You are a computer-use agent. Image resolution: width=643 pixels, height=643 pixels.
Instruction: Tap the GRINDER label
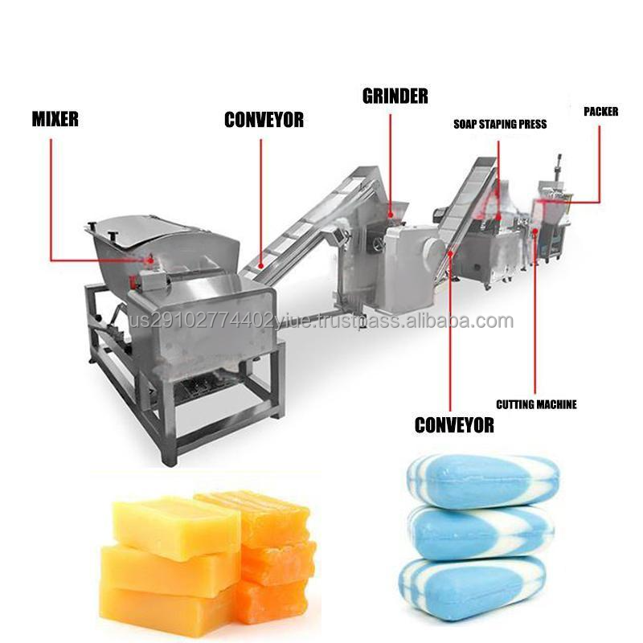click(x=394, y=96)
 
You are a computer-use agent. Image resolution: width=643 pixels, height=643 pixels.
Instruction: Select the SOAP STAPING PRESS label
click(x=499, y=125)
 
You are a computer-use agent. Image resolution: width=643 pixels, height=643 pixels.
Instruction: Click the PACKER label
click(x=600, y=112)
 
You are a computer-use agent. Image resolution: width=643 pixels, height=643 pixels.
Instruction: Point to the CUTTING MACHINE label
click(x=536, y=404)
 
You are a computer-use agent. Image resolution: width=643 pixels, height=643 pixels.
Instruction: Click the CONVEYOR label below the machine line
click(x=454, y=426)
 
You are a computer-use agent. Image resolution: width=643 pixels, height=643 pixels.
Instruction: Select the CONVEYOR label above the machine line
click(x=264, y=121)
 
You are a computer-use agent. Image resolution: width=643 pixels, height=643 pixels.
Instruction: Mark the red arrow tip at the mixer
click(x=152, y=259)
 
